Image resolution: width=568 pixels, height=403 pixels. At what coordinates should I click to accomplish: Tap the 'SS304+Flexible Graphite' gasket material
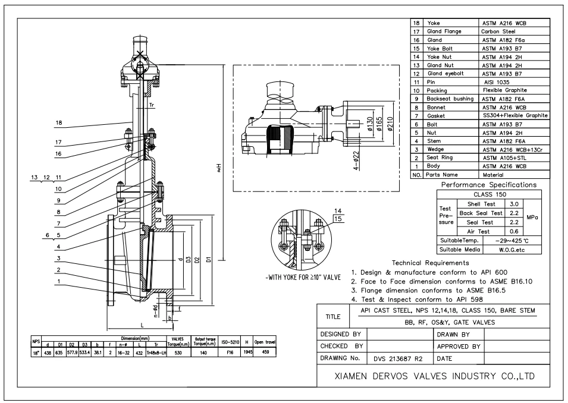point(514,115)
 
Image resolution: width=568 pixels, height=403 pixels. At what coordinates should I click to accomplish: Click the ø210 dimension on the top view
point(390,125)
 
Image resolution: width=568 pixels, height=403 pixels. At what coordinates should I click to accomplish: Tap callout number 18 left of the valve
point(58,123)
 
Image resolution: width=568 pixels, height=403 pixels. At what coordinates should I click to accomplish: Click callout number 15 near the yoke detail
point(338,219)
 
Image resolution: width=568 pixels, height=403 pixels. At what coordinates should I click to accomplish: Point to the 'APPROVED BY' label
point(459,347)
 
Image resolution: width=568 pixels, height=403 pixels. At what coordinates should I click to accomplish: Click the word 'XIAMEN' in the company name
point(353,376)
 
